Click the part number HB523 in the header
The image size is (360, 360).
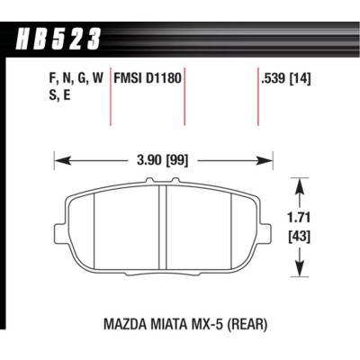click(58, 37)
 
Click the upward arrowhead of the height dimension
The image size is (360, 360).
click(298, 184)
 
